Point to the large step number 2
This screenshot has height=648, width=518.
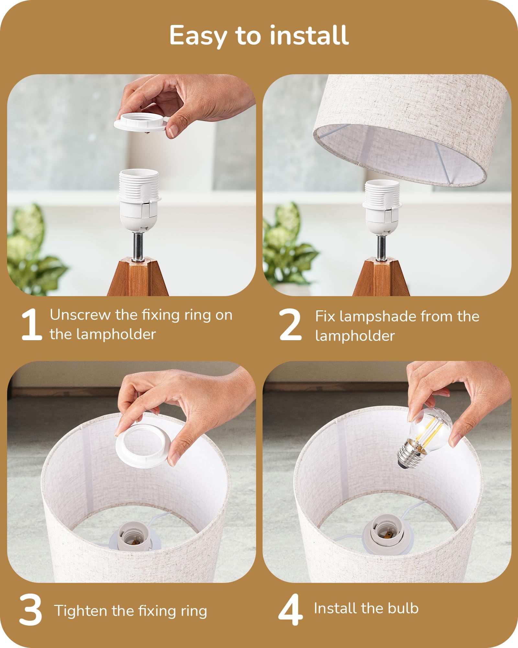click(290, 324)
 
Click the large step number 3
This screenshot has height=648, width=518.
click(31, 610)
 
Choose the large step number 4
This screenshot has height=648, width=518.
click(290, 609)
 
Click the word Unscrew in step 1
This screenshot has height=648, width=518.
click(80, 315)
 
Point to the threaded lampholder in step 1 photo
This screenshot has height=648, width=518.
click(139, 200)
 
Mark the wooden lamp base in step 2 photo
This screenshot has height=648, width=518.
click(381, 277)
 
